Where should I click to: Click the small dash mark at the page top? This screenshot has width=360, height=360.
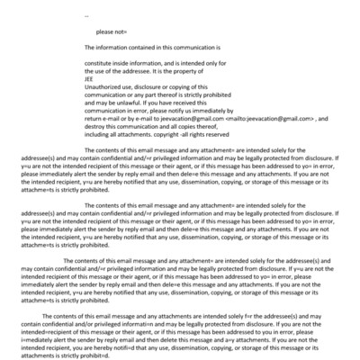[86, 15]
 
